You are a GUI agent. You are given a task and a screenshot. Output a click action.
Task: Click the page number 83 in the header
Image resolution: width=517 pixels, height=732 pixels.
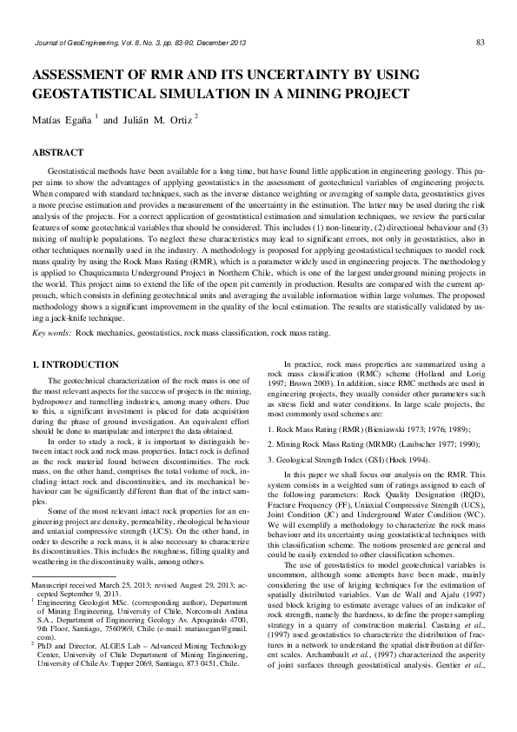480,42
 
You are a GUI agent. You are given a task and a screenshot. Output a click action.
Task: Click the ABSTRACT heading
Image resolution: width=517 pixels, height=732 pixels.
57,153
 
